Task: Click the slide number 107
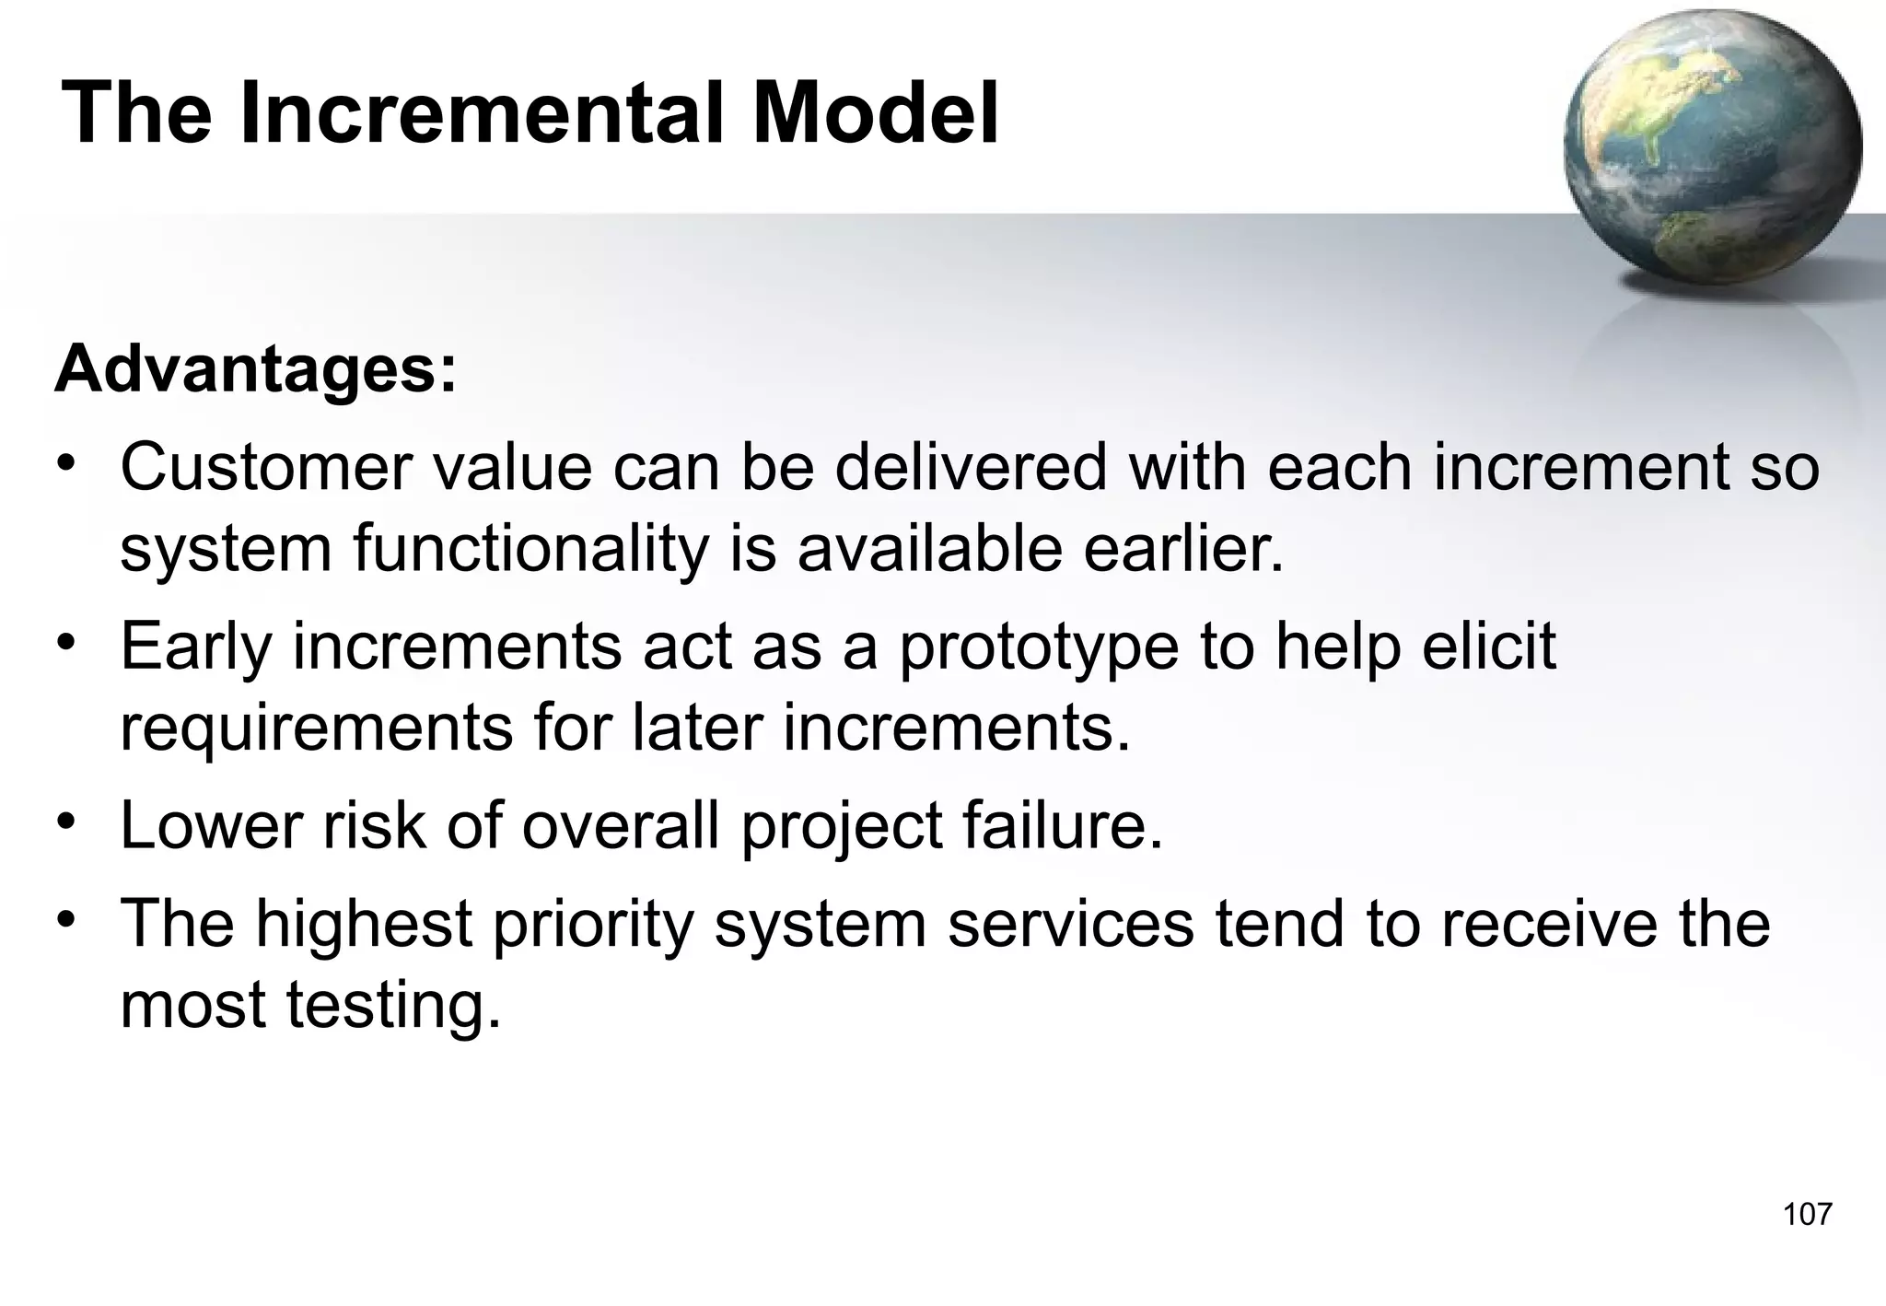pyautogui.click(x=1807, y=1214)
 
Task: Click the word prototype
pyautogui.click(x=1039, y=648)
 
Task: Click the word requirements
pyautogui.click(x=316, y=729)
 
